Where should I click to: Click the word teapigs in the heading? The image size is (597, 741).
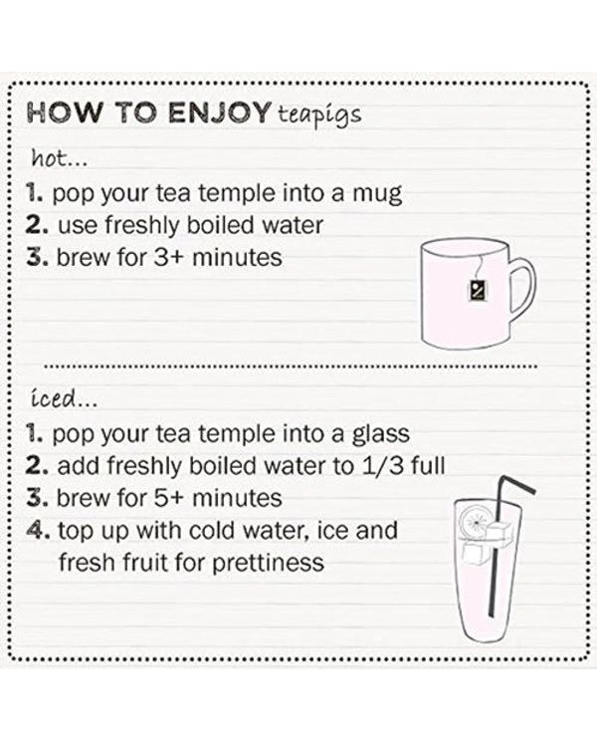coord(319,116)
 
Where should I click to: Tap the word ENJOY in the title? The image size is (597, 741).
coord(219,113)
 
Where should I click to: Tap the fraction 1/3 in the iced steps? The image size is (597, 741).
coord(382,466)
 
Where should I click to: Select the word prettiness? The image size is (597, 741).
coord(268,563)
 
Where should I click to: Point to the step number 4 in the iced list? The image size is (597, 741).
coord(36,531)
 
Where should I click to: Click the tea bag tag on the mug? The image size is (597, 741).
coord(478,289)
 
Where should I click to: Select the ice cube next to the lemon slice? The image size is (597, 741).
coord(500,531)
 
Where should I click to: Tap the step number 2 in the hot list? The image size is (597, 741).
coord(37,225)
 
